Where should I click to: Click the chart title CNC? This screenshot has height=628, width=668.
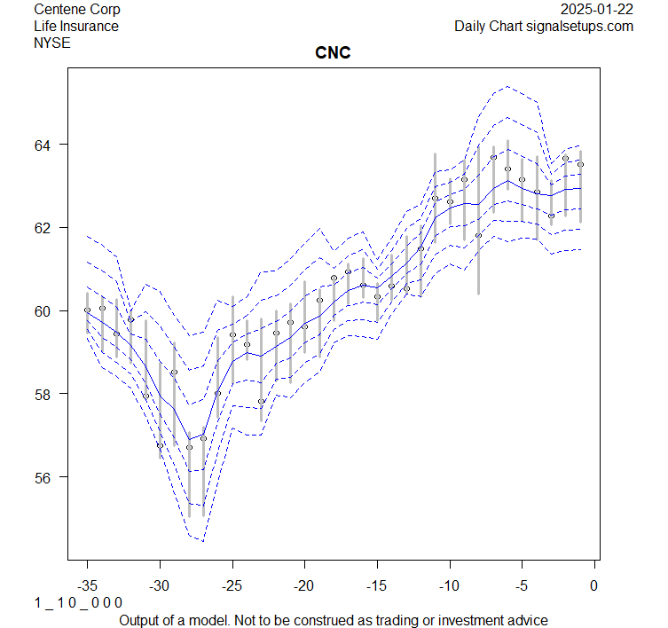(x=333, y=53)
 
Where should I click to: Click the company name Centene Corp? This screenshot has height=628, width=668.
(x=77, y=10)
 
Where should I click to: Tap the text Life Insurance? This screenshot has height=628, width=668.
(x=76, y=26)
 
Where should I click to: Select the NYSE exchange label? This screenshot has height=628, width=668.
(x=52, y=42)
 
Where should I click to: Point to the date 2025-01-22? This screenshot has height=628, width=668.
(x=597, y=10)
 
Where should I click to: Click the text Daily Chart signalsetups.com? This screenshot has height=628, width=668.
(x=544, y=26)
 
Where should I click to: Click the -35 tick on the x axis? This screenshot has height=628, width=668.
(x=87, y=585)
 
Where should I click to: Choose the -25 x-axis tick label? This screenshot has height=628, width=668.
(x=232, y=585)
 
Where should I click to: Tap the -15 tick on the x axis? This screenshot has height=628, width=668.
(x=377, y=585)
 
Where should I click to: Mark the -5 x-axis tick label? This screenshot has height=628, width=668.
(x=522, y=585)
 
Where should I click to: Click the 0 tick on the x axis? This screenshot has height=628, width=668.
(x=594, y=585)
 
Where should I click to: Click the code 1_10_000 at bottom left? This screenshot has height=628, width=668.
(x=78, y=603)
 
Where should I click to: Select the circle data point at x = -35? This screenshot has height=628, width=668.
(x=87, y=310)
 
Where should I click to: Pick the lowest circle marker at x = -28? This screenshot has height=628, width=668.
(x=189, y=447)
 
